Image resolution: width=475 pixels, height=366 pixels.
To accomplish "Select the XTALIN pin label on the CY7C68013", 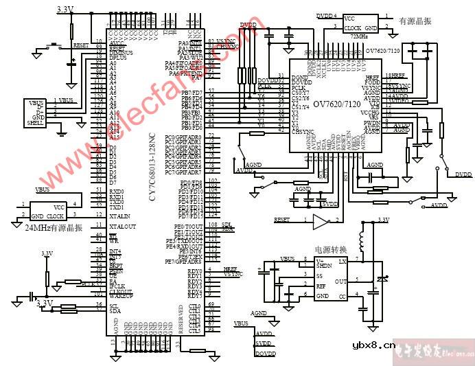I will (x=122, y=216).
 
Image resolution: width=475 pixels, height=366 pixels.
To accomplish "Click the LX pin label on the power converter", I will (x=343, y=262).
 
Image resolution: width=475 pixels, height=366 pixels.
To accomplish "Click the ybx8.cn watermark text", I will (x=373, y=345).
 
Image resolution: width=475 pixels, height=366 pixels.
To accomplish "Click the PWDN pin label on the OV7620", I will (x=371, y=122).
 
